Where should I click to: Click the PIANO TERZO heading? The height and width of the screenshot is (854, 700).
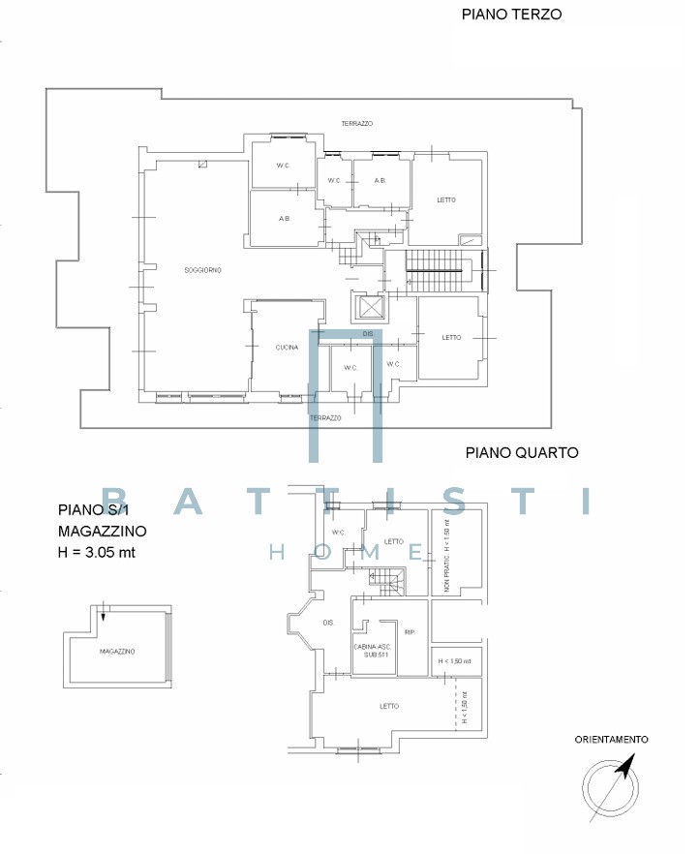[511, 15]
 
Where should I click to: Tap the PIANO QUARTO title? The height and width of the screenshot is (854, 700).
[521, 452]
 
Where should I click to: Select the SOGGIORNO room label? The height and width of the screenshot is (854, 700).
[202, 270]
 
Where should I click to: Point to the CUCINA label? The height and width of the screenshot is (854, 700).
[287, 348]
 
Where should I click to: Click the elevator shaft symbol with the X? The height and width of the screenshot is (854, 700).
[369, 307]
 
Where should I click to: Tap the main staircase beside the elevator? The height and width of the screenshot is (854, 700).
[435, 270]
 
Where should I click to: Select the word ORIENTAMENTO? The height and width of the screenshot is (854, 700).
[611, 740]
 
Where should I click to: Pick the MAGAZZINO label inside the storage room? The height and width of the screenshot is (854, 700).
[117, 652]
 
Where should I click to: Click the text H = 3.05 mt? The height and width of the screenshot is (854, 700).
[97, 552]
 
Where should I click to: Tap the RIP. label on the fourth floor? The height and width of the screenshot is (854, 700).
[411, 632]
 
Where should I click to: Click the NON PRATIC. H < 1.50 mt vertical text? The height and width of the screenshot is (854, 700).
[447, 555]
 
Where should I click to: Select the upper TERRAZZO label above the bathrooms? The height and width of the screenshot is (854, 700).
[357, 124]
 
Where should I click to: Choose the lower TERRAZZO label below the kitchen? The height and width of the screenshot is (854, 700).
[325, 418]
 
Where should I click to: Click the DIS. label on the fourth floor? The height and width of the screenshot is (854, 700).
[328, 623]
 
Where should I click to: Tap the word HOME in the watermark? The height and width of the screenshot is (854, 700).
[347, 553]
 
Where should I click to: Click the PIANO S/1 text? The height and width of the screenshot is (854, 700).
[93, 509]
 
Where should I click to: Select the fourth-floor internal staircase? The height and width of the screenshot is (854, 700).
[387, 582]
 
